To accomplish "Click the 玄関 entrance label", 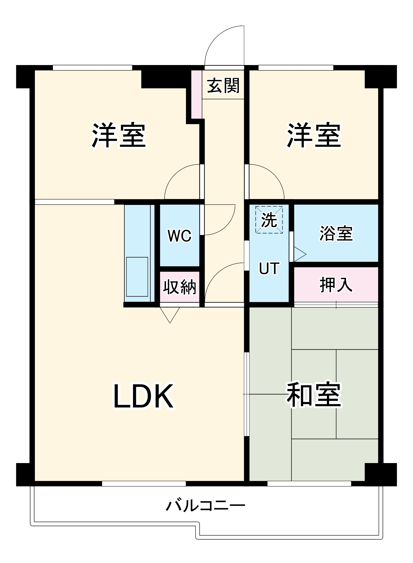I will pyautogui.click(x=223, y=86).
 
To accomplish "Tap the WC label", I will pyautogui.click(x=179, y=236).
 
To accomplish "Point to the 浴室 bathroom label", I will pyautogui.click(x=336, y=233).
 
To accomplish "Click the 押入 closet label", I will pyautogui.click(x=336, y=285).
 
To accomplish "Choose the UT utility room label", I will pyautogui.click(x=269, y=268).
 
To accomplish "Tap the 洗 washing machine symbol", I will pyautogui.click(x=269, y=220).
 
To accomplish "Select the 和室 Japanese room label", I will pyautogui.click(x=313, y=395).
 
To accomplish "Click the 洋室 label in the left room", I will pyautogui.click(x=118, y=135).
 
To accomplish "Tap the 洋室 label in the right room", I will pyautogui.click(x=313, y=135).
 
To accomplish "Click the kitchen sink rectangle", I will pyautogui.click(x=137, y=277).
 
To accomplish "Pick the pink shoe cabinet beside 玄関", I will pyautogui.click(x=196, y=94).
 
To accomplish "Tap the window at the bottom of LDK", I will pyautogui.click(x=144, y=484).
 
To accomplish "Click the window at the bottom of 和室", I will pyautogui.click(x=309, y=484).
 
